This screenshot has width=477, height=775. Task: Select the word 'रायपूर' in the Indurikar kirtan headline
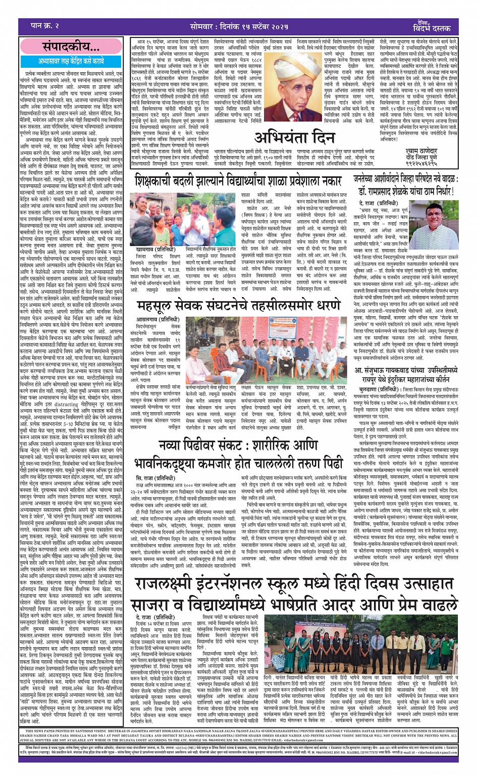tap(373, 379)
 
